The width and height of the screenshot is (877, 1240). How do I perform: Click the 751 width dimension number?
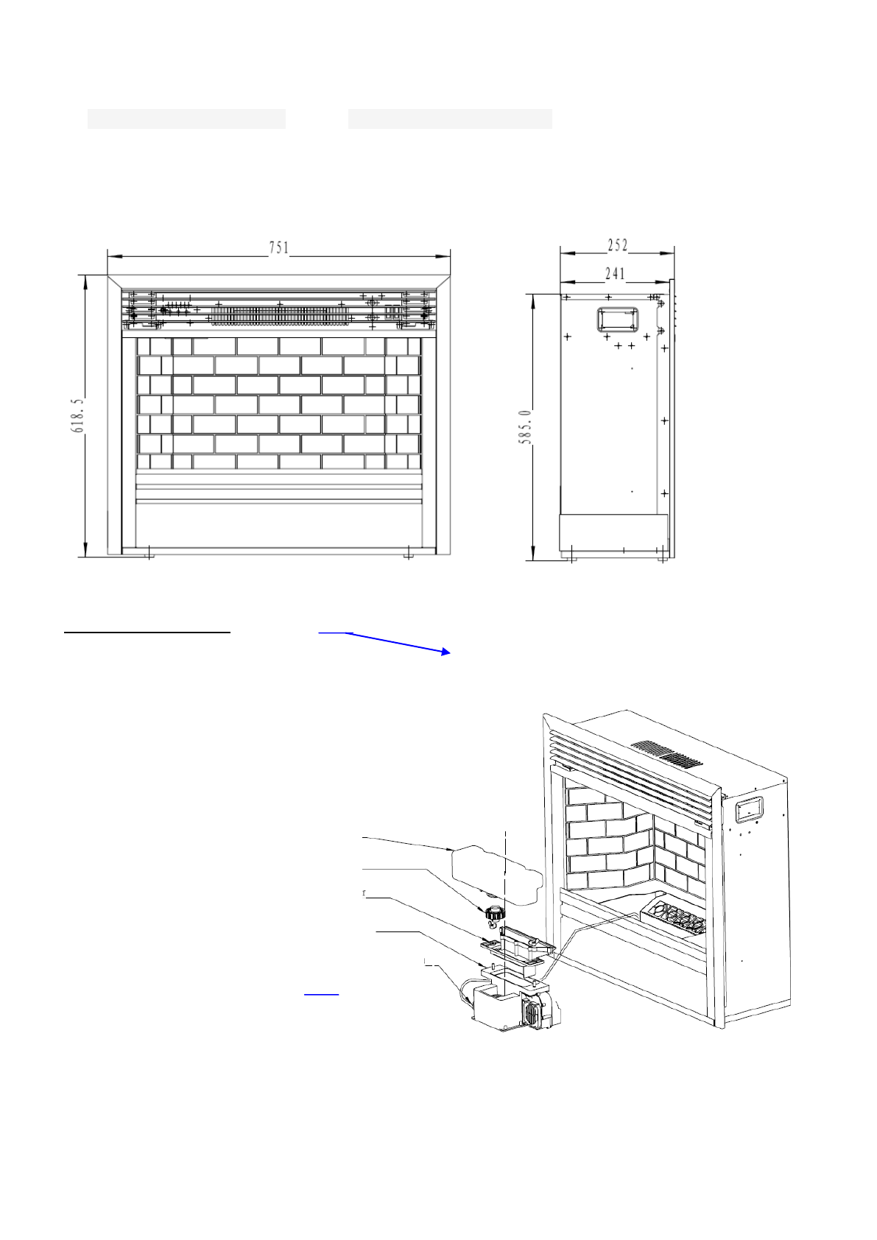tap(278, 248)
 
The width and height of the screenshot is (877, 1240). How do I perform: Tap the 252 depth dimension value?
tap(617, 245)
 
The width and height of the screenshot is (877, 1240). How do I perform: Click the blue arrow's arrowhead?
tap(445, 652)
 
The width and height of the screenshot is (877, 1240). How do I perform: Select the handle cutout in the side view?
tap(617, 320)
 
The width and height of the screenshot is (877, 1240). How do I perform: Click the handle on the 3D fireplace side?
tap(748, 810)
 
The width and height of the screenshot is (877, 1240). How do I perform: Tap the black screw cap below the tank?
tap(494, 912)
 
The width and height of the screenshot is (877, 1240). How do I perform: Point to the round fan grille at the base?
tap(530, 1014)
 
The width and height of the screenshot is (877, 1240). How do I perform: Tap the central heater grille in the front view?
tap(280, 315)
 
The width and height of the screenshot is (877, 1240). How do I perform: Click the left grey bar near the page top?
tap(186, 119)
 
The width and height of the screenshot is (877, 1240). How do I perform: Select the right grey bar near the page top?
tap(450, 119)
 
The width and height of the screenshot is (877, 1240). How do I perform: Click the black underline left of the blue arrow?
tap(147, 632)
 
